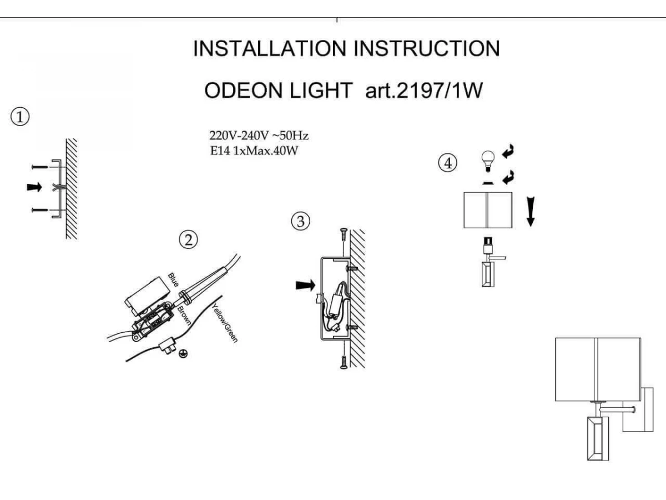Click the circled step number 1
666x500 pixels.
click(20, 117)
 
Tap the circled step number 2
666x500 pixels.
click(188, 240)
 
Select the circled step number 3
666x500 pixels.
click(300, 221)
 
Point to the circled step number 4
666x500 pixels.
click(447, 163)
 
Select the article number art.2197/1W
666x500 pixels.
click(424, 91)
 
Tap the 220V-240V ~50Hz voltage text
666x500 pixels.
click(259, 136)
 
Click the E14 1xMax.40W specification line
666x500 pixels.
click(254, 151)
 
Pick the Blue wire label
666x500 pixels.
click(173, 279)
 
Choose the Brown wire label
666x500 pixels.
click(184, 316)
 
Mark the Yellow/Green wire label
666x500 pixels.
click(225, 323)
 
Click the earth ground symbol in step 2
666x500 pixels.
click(183, 353)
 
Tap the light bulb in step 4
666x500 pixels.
click(488, 161)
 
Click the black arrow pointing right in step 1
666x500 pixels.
click(34, 187)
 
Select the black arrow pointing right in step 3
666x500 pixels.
click(306, 286)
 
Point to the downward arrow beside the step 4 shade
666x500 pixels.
click(531, 212)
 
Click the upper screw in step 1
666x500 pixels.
click(40, 167)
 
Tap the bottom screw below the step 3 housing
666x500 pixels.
click(344, 362)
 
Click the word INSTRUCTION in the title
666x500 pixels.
click(426, 48)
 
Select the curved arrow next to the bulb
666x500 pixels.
click(508, 151)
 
